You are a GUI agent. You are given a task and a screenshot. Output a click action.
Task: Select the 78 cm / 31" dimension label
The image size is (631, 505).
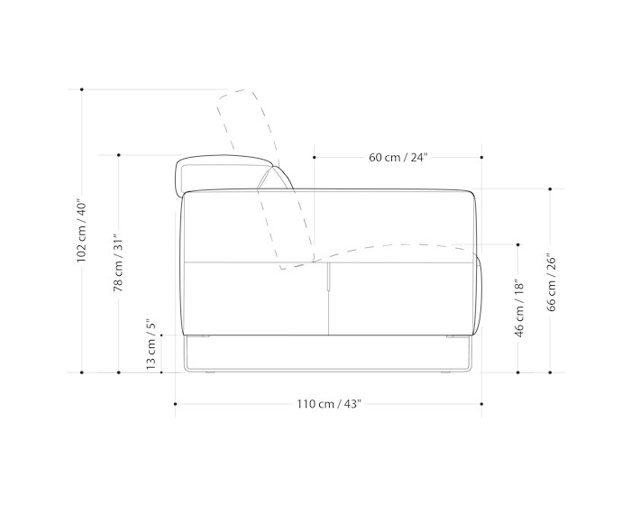[x=118, y=262]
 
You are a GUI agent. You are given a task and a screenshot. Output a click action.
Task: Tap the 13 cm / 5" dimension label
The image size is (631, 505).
[x=151, y=344]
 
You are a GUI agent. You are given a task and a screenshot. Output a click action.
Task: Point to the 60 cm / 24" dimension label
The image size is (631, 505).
[x=398, y=157]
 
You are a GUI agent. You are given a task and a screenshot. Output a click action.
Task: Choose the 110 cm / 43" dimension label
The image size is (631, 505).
[x=329, y=403]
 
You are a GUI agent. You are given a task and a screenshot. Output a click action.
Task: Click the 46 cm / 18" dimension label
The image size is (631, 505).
[x=519, y=308]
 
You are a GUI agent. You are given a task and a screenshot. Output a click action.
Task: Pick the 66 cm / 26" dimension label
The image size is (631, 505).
[x=552, y=282]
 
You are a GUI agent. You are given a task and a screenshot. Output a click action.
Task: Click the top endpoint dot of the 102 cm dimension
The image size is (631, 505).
[x=82, y=89]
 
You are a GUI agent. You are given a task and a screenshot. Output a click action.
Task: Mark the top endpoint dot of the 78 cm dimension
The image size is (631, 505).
[x=119, y=155]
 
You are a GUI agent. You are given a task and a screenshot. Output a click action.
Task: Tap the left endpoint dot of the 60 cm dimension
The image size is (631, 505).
[x=315, y=158]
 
